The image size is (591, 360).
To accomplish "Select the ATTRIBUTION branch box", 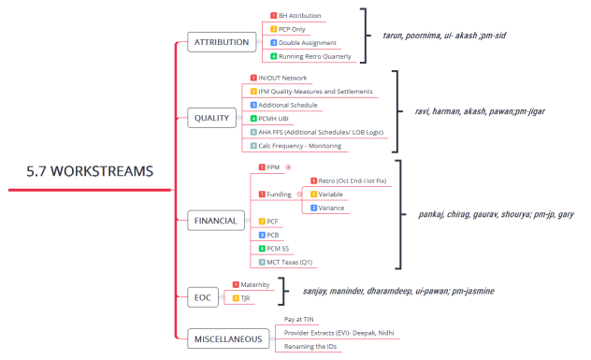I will coord(221,42).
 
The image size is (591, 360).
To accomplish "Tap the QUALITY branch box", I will coord(211,118).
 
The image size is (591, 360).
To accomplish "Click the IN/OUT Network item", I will coord(281,78).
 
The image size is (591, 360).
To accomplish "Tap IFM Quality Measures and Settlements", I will coord(316,92).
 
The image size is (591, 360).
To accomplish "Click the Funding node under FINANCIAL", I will coord(280,194).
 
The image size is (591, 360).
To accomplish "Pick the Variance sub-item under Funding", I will coord(333,208).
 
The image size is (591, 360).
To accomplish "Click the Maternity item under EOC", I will coord(255,284).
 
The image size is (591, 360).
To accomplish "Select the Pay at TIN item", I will coord(300,319).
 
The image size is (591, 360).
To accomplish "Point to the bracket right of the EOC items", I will coord(284,291).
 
